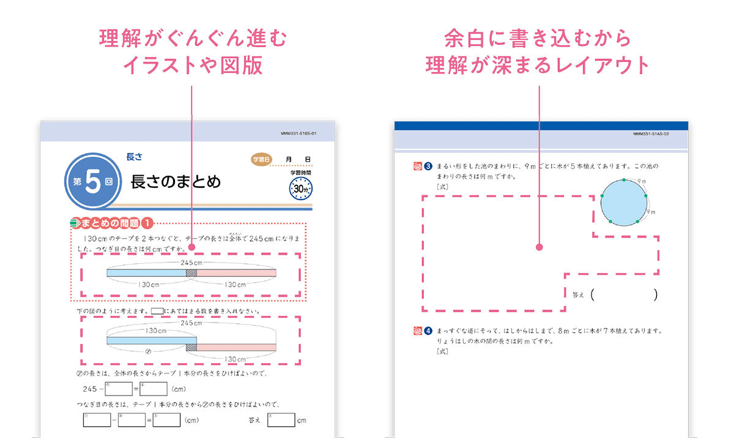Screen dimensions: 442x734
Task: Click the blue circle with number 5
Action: pyautogui.click(x=92, y=182)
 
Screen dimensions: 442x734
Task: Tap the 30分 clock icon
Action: pyautogui.click(x=301, y=190)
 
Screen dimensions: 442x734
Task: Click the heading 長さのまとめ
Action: pyautogui.click(x=176, y=182)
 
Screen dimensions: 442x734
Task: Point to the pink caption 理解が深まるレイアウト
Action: pyautogui.click(x=538, y=65)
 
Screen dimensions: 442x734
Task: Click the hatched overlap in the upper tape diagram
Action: pyautogui.click(x=191, y=273)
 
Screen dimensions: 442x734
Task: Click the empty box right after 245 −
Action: pyautogui.click(x=119, y=388)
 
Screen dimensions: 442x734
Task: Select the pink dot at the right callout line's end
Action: pyautogui.click(x=539, y=247)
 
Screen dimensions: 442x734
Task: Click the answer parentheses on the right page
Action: pyautogui.click(x=624, y=295)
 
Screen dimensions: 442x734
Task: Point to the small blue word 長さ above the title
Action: pyautogui.click(x=134, y=157)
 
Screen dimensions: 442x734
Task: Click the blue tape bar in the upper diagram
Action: pyautogui.click(x=147, y=273)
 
